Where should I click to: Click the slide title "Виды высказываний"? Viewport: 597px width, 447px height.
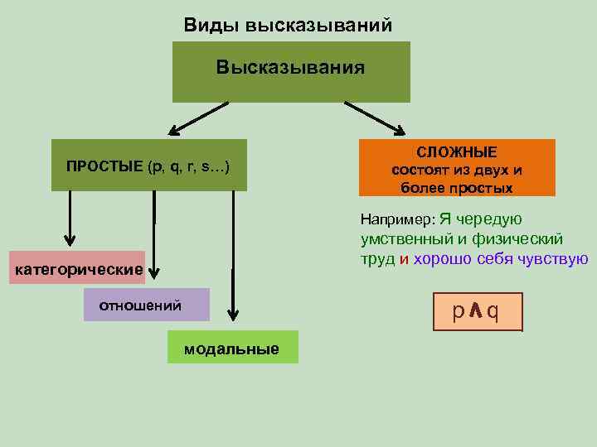click(287, 25)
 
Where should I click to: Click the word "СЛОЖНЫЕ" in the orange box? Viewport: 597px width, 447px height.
click(457, 152)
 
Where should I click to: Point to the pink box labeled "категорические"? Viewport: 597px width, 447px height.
click(76, 269)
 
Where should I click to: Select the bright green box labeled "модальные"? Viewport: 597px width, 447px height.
click(231, 348)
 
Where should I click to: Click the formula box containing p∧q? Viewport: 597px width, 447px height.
click(477, 312)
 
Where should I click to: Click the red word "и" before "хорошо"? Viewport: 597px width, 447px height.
click(404, 258)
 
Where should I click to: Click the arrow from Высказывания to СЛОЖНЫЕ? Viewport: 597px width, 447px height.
click(375, 117)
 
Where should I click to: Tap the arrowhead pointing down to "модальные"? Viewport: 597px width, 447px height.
click(234, 314)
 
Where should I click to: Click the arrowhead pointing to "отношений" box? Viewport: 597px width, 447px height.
click(153, 269)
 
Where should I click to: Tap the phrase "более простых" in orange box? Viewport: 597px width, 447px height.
click(457, 188)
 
